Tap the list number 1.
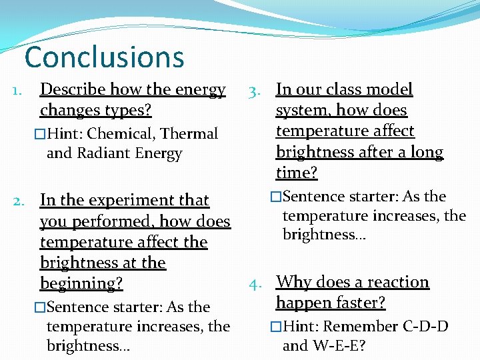[x=20, y=89]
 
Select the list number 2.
[x=21, y=200]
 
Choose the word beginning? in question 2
[x=81, y=283]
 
